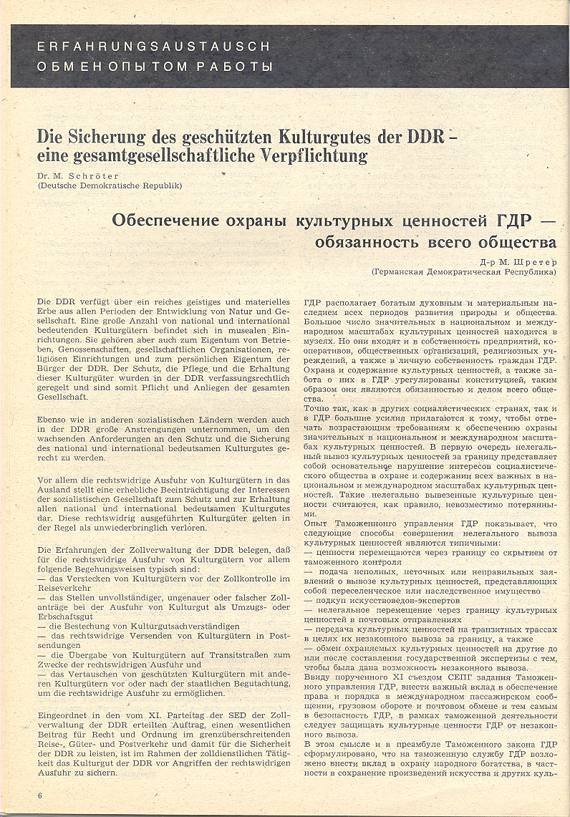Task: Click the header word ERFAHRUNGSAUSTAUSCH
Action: [x=153, y=47]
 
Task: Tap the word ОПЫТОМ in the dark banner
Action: [x=154, y=67]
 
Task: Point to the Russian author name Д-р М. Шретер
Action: [x=521, y=262]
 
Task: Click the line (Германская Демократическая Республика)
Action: [x=464, y=272]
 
